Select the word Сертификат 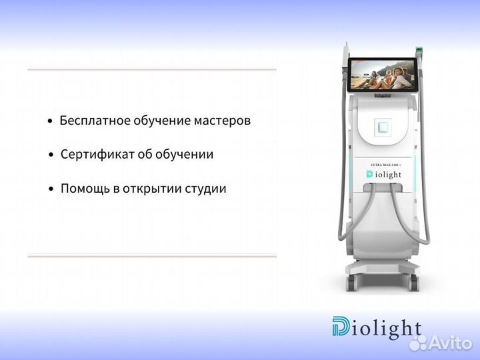(93, 155)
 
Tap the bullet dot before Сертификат (51, 155)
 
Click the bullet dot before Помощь (51, 189)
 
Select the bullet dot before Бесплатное (51, 121)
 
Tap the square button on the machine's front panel (383, 127)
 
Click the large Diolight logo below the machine (377, 328)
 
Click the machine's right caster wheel (415, 282)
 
